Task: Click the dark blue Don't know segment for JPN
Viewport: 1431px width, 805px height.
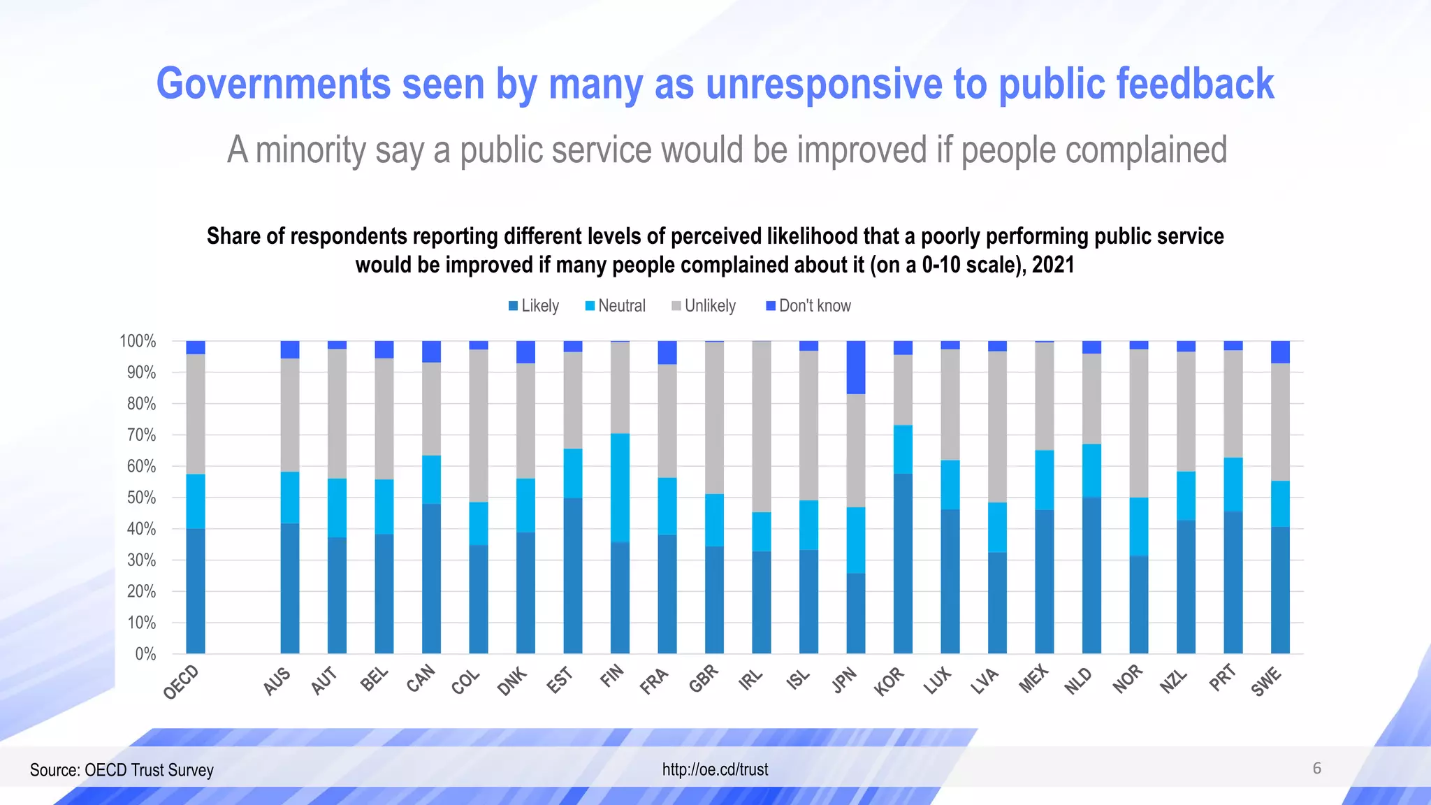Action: [855, 368]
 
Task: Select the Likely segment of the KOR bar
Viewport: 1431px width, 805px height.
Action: [903, 563]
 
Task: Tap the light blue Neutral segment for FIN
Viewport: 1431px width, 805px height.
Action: [620, 488]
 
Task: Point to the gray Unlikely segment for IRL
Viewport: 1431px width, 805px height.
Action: [762, 426]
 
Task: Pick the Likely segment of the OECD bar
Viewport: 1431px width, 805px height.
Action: [196, 590]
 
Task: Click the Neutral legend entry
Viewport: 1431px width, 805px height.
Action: [615, 306]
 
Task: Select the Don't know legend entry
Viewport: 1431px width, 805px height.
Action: [808, 306]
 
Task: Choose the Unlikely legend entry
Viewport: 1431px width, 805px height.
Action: [704, 306]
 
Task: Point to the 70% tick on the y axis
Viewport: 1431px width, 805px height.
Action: [141, 435]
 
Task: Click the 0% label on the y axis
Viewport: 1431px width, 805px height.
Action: [145, 654]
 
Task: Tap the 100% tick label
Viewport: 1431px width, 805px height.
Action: [138, 341]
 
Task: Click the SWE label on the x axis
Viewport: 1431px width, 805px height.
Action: [1266, 681]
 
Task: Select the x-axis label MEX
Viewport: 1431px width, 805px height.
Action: [1033, 679]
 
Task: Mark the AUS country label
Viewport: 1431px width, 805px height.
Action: [277, 681]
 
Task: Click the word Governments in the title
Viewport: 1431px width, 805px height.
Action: [273, 84]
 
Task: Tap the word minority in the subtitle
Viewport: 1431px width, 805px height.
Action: [310, 150]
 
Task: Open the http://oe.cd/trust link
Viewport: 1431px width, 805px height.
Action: [715, 769]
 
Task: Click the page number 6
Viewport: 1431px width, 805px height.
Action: [1316, 769]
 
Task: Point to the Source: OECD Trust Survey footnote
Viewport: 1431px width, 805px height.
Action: [122, 770]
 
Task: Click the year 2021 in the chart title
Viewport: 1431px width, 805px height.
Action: [1053, 266]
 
